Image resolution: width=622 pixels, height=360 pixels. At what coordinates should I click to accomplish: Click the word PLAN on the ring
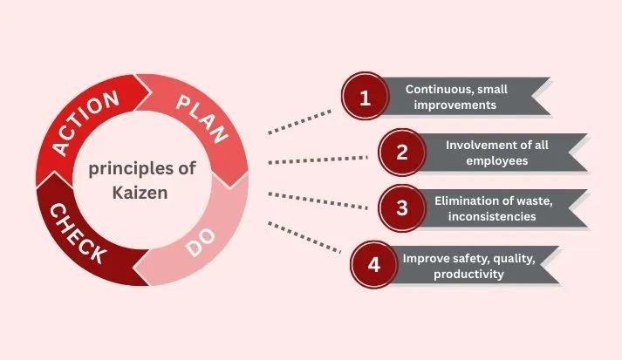click(202, 119)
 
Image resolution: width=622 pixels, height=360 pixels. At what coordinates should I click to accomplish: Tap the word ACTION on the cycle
click(85, 122)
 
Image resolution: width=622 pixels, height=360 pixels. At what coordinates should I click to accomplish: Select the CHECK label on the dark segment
click(79, 233)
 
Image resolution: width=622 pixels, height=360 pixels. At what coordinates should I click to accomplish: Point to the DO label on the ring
click(201, 242)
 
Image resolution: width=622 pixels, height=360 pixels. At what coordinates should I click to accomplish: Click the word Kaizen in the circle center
click(140, 193)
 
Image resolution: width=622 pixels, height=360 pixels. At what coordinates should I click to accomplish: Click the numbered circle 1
click(365, 96)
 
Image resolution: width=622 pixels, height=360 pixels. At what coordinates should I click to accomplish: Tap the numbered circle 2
click(402, 153)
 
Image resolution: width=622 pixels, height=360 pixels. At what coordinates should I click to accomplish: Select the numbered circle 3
click(402, 207)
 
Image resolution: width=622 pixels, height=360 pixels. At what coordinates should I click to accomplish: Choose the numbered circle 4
click(374, 264)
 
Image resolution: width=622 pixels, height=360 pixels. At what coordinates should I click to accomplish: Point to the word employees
click(497, 161)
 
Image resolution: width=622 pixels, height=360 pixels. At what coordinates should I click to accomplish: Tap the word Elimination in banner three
click(463, 200)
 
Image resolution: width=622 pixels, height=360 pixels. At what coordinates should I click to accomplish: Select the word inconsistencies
click(492, 216)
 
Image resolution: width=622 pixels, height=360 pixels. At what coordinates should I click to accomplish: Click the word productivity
click(468, 275)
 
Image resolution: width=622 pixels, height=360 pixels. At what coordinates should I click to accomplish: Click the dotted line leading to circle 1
click(299, 122)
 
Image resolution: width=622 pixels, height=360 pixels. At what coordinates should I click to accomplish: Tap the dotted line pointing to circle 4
click(304, 237)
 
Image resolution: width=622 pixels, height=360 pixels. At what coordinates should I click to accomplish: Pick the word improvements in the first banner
click(455, 105)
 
